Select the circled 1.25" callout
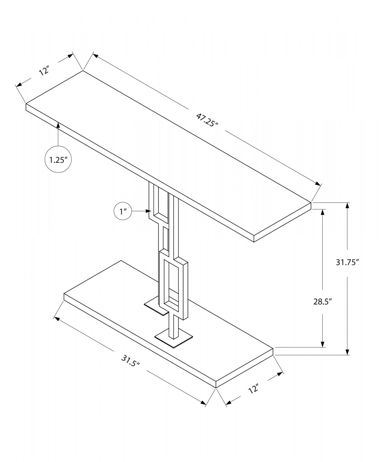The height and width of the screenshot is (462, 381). tap(58, 160)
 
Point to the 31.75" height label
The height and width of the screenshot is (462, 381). tap(347, 262)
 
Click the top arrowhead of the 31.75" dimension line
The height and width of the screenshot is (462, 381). tap(347, 205)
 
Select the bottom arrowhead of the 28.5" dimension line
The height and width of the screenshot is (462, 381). tap(322, 344)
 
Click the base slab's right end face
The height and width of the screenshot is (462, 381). tap(245, 368)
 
